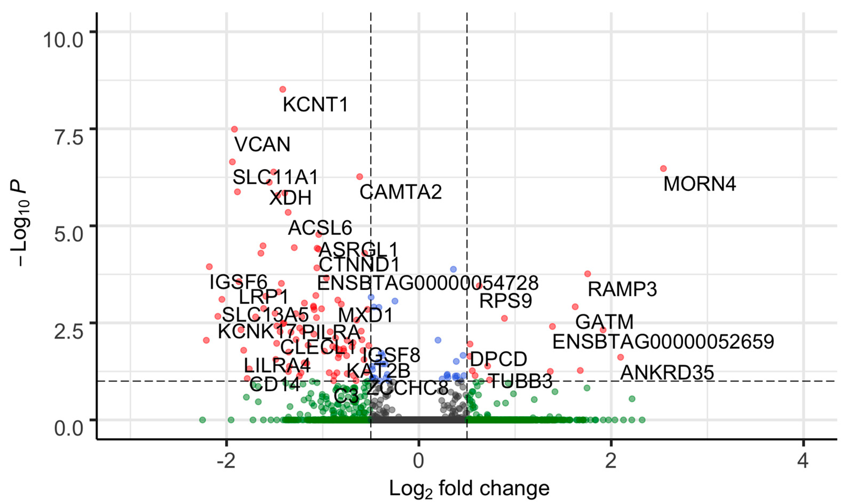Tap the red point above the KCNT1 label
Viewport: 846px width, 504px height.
[x=283, y=89]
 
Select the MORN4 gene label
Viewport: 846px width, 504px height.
[x=700, y=184]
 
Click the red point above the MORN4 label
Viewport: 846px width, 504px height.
[x=663, y=168]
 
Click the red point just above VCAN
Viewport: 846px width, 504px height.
[x=234, y=129]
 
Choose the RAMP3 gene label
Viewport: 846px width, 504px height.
[x=622, y=289]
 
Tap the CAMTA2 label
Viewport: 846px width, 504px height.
[x=401, y=192]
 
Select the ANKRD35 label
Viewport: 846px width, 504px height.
[x=667, y=373]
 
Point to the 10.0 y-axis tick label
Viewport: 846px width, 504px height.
[x=63, y=41]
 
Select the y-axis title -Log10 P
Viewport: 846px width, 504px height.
[x=20, y=224]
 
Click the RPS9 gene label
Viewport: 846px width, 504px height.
[x=505, y=301]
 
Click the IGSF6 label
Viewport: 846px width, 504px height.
[x=239, y=282]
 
